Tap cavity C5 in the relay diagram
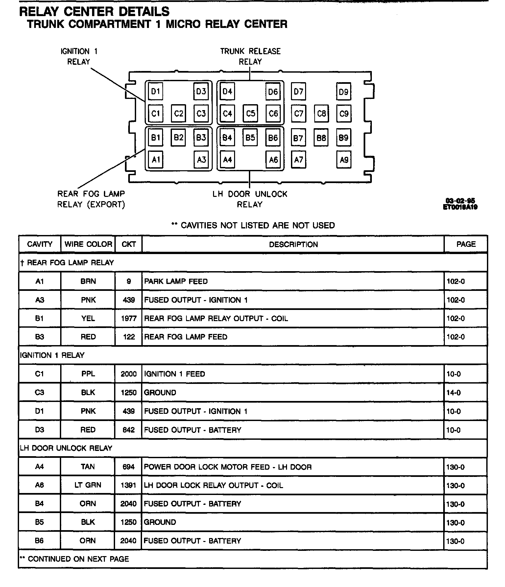[250, 113]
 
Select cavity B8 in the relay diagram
[321, 137]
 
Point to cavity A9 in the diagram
[344, 160]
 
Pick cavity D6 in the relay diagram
[273, 91]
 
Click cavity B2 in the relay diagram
[178, 137]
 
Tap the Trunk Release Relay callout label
[250, 56]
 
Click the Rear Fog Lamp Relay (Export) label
[91, 199]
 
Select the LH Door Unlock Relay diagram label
[250, 199]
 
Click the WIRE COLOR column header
[88, 244]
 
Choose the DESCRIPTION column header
[293, 245]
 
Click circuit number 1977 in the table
[129, 318]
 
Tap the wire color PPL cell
[88, 374]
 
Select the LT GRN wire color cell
[88, 485]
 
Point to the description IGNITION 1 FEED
[175, 374]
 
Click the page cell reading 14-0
[454, 393]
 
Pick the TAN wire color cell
[88, 467]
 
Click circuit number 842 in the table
[129, 430]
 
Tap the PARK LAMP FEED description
[176, 281]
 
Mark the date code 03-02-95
[460, 201]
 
